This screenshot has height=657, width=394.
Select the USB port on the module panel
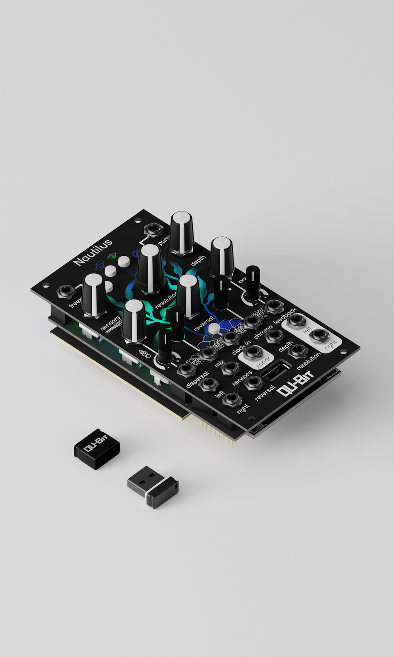click(275, 370)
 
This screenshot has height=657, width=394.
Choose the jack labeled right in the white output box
click(319, 335)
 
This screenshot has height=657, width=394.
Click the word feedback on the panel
click(285, 316)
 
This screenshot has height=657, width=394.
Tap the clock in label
click(241, 348)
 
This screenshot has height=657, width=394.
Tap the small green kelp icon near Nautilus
click(111, 256)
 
